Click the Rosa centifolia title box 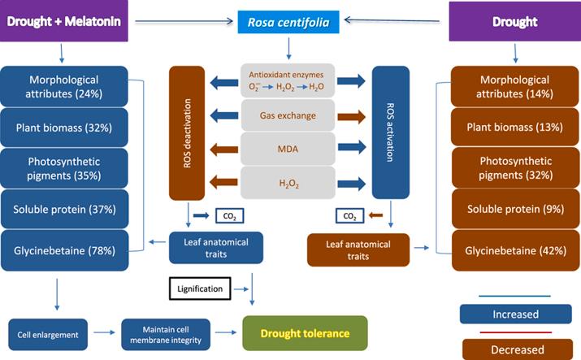(289, 23)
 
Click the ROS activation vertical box (389, 132)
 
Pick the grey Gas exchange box (288, 116)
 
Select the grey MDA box (288, 150)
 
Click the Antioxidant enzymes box (288, 81)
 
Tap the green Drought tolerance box (305, 333)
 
